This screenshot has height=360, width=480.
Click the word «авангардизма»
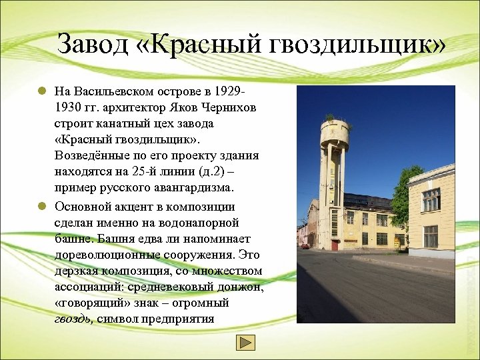tap(187, 189)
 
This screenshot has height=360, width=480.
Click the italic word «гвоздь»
tap(74, 319)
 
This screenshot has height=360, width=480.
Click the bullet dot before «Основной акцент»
tap(41, 206)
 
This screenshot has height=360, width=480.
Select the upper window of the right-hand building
tap(431, 199)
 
